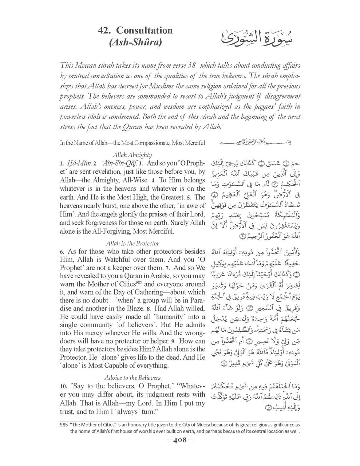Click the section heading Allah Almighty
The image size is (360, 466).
[x=132, y=155]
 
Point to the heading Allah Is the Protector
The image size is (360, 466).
[x=132, y=243]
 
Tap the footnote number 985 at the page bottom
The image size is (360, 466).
[x=64, y=424]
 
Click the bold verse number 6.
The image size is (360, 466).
[x=62, y=252]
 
